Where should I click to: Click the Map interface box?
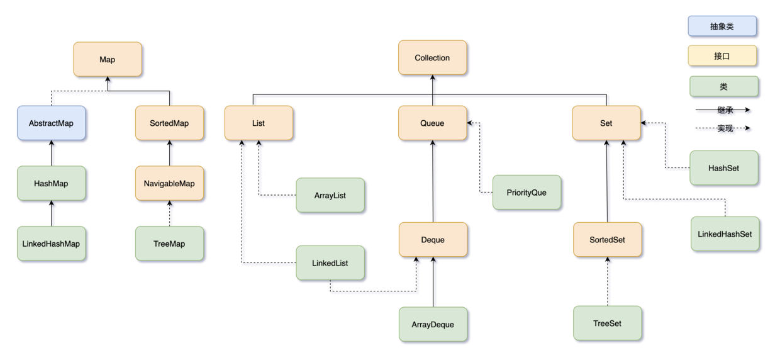tap(108, 59)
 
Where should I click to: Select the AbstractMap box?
tap(51, 123)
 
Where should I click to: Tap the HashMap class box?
tap(51, 183)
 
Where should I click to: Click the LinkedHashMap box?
tap(51, 244)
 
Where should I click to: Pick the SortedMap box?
tap(170, 123)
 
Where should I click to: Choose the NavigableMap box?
tap(170, 183)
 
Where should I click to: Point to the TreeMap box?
tap(170, 244)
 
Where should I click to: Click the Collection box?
tap(432, 58)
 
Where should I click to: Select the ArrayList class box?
tap(330, 195)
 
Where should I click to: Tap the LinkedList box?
tap(330, 262)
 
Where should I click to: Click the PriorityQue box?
tap(526, 192)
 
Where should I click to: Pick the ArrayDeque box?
tap(433, 324)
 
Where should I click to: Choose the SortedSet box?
tap(608, 240)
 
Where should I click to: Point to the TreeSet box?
tap(608, 323)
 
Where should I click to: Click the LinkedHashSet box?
tap(725, 234)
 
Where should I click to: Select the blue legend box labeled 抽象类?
tap(722, 26)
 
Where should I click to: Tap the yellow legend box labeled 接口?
tap(722, 55)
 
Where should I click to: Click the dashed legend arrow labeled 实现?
tap(723, 128)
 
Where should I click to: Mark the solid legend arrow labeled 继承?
tap(723, 110)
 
